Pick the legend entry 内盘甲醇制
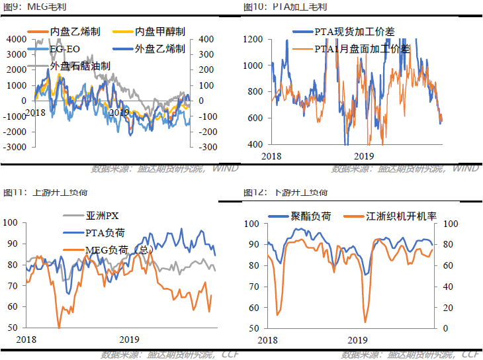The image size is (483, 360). tap(159, 32)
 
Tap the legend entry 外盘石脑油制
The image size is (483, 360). tap(79, 66)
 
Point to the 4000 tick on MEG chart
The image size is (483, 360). tap(15, 40)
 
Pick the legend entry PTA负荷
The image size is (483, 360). tap(106, 232)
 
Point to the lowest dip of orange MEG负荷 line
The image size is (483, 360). tap(59, 327)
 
